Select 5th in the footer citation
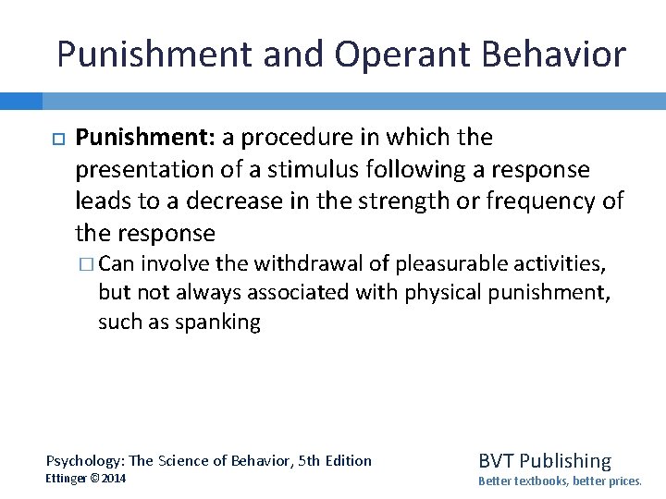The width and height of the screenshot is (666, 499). pos(296,460)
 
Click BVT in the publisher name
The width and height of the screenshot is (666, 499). pos(496,460)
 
